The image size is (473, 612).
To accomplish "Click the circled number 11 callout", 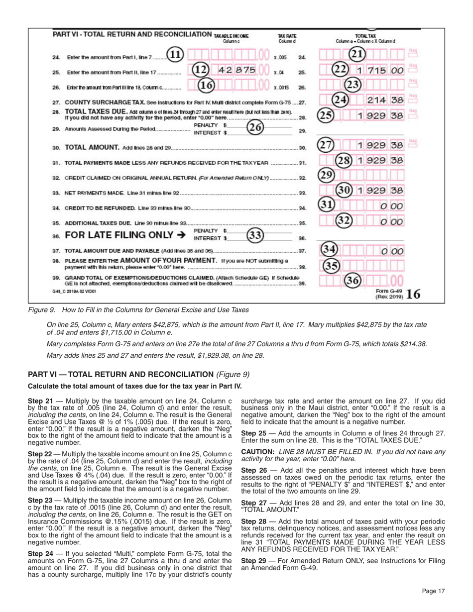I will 175,55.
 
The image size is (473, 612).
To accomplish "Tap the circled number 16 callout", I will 206,85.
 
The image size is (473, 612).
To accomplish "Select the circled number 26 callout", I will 256,128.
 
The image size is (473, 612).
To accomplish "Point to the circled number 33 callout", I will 255,235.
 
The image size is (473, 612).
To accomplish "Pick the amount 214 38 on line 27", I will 384,101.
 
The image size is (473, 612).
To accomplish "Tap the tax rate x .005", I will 281,57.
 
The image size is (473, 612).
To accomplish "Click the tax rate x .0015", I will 281,88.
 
